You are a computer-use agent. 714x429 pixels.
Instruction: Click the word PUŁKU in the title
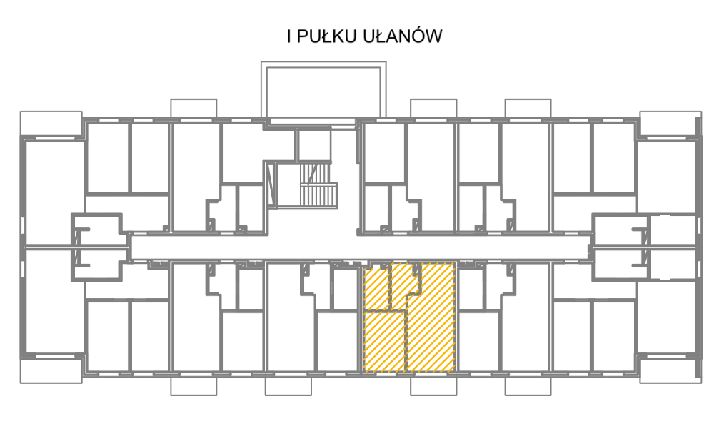coord(326,36)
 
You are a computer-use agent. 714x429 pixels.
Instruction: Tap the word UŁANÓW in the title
coord(403,36)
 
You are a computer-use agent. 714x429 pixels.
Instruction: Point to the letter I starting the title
coord(289,36)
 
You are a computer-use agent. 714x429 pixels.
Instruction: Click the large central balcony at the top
coord(323,91)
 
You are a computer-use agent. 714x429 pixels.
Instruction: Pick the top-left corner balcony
coord(51,124)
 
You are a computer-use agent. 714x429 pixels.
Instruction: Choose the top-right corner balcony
coord(670,124)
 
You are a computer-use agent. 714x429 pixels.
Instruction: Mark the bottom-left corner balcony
coord(51,370)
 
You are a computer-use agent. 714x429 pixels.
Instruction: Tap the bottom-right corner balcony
coord(670,370)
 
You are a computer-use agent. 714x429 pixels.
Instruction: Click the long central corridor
coord(360,248)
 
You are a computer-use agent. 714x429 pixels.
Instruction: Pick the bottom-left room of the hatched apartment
coord(384,342)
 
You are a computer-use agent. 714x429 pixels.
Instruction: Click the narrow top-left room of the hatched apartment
coord(376,287)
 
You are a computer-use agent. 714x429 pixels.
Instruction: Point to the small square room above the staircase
coord(313,145)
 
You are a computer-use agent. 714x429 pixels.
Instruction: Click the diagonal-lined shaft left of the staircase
coord(272,186)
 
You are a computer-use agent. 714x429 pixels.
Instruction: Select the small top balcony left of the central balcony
coord(193,109)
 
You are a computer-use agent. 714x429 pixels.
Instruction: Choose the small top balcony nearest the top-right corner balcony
coord(528,109)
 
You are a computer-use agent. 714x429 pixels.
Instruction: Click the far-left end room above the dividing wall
coord(54,193)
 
